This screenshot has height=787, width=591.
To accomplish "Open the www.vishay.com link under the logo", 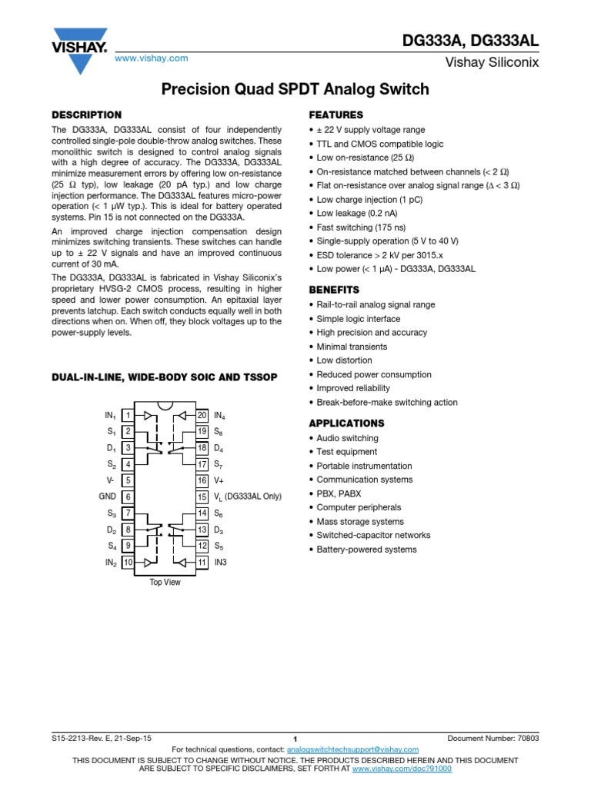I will click(x=151, y=58).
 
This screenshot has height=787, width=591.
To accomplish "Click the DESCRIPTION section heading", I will click(x=86, y=115).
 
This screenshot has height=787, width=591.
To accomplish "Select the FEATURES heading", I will click(x=336, y=115).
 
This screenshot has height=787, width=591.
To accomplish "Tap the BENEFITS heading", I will click(x=334, y=290).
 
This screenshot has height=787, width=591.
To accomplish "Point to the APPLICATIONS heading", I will click(x=346, y=423).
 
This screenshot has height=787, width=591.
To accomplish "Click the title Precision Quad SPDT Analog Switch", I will click(x=295, y=90).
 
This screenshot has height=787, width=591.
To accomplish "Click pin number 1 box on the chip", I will click(x=128, y=416).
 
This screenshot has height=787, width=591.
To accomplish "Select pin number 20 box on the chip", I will click(x=202, y=416).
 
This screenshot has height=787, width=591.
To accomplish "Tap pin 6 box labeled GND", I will click(x=128, y=496).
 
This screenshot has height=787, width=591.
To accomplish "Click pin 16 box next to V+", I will click(x=202, y=480).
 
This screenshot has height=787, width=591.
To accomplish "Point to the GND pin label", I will click(x=107, y=496).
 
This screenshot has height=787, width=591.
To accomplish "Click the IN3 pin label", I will click(x=222, y=563).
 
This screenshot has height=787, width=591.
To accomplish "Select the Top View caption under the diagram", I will click(x=165, y=583).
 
